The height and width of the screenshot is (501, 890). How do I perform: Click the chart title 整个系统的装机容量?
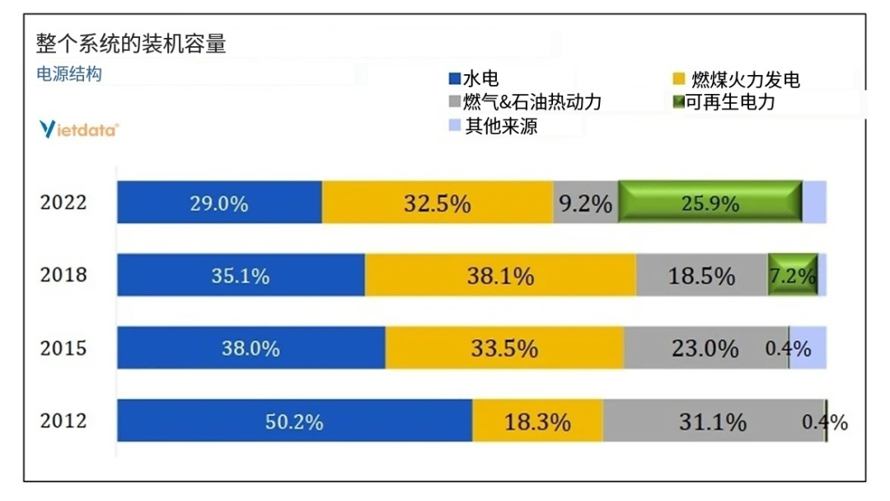click(x=131, y=44)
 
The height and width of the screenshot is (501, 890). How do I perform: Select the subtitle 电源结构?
click(x=69, y=74)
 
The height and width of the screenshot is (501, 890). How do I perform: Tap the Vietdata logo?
click(x=79, y=129)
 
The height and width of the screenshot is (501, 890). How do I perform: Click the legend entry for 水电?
click(x=474, y=79)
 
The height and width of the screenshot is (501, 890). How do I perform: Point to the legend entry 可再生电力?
click(x=724, y=102)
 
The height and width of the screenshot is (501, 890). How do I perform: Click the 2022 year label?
click(x=63, y=203)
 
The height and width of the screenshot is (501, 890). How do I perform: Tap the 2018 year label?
click(x=63, y=274)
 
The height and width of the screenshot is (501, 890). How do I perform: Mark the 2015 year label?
click(x=63, y=347)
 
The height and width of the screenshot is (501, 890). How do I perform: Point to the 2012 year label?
click(x=63, y=420)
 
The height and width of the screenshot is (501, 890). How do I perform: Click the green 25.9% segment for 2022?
click(x=710, y=202)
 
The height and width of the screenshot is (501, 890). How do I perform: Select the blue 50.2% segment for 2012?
click(x=294, y=421)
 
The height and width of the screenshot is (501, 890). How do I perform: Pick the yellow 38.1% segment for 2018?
click(x=500, y=275)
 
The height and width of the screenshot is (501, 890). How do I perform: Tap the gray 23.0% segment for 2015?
click(x=705, y=348)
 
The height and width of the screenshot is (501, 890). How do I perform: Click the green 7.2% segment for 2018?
click(x=792, y=275)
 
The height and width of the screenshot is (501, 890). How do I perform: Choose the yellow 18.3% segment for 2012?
click(x=537, y=421)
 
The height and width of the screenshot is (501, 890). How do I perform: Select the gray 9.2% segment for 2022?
click(x=585, y=202)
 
